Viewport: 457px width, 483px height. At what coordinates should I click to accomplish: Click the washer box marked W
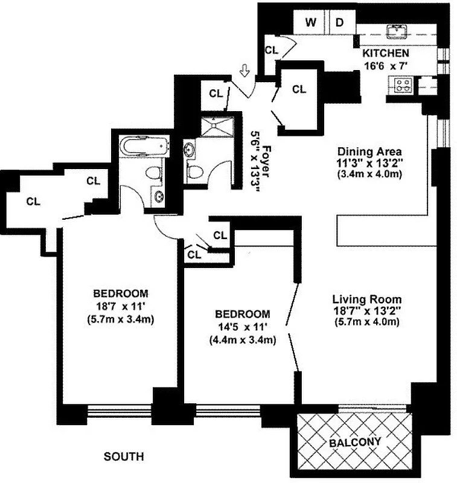pyautogui.click(x=312, y=23)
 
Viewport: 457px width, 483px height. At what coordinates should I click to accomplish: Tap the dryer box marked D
pyautogui.click(x=340, y=23)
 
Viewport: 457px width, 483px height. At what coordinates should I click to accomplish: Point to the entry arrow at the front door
pyautogui.click(x=244, y=71)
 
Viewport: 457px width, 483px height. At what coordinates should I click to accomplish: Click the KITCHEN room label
pyautogui.click(x=385, y=54)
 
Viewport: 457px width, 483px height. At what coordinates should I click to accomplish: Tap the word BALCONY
pyautogui.click(x=355, y=442)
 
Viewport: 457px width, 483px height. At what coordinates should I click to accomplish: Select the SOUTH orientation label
pyautogui.click(x=123, y=457)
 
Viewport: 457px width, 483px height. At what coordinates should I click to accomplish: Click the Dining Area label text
pyautogui.click(x=362, y=151)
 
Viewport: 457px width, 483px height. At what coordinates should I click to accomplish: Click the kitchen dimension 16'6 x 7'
pyautogui.click(x=386, y=66)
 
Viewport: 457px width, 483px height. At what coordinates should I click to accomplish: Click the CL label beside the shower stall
pyautogui.click(x=216, y=93)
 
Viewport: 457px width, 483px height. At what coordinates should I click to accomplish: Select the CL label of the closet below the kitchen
pyautogui.click(x=299, y=89)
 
